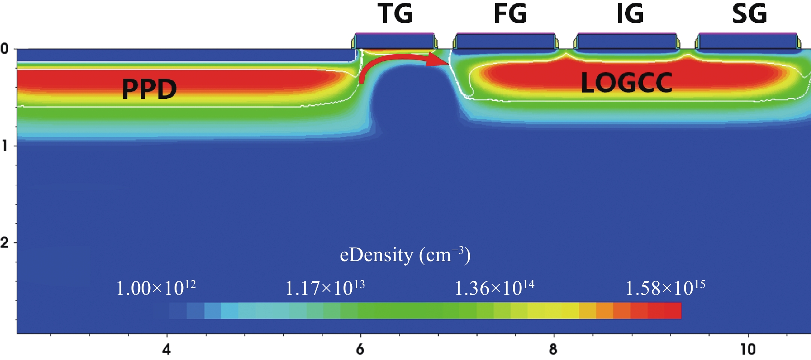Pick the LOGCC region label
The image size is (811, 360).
click(626, 83)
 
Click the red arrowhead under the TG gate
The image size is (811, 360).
click(438, 60)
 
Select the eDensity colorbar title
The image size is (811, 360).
click(405, 255)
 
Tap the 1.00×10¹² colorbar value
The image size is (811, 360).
click(156, 288)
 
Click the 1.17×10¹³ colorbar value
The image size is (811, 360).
click(325, 288)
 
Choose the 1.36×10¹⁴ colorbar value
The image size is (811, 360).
click(494, 288)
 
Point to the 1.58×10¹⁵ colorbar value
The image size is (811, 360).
click(665, 288)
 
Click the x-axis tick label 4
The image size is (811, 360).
click(167, 349)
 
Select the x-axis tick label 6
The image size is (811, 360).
click(360, 349)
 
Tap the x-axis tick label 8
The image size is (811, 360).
click(553, 349)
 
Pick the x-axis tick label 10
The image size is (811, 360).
click(748, 349)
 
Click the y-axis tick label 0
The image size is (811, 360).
click(4, 49)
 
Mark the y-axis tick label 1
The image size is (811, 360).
click(4, 146)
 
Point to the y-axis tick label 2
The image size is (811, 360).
click(4, 243)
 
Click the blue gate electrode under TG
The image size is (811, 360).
click(394, 41)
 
